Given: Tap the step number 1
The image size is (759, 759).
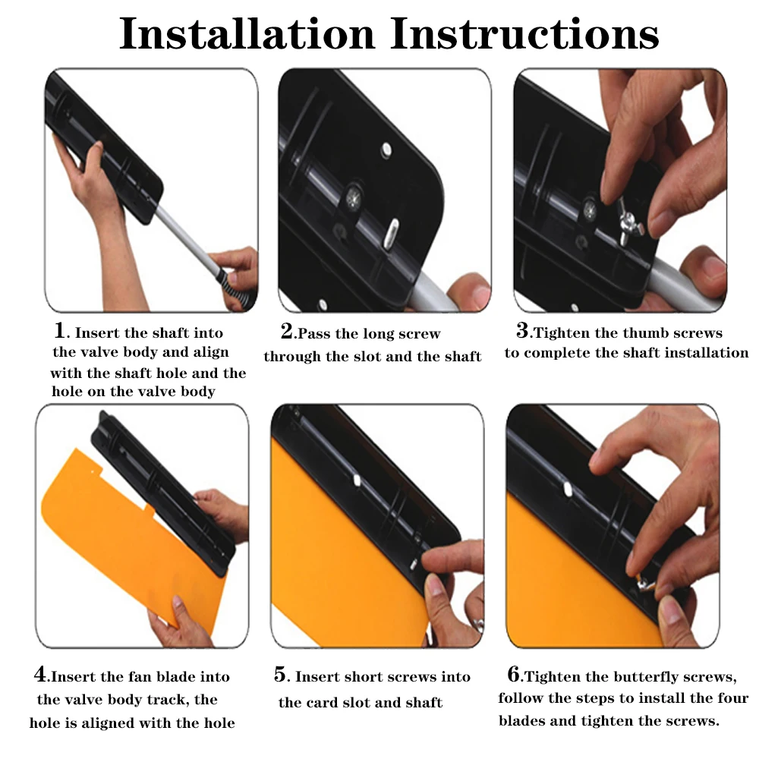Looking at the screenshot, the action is [59, 331].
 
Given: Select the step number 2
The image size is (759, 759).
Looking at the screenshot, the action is [287, 331].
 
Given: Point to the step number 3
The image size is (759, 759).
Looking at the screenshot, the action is [522, 331].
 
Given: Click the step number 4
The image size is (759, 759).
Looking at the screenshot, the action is [40, 674].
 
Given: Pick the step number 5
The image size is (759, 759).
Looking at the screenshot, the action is [280, 674].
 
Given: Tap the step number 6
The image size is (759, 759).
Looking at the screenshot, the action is [514, 673].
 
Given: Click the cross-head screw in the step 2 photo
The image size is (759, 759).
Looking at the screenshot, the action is [354, 197].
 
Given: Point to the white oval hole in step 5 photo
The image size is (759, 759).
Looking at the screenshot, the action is [357, 480].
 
